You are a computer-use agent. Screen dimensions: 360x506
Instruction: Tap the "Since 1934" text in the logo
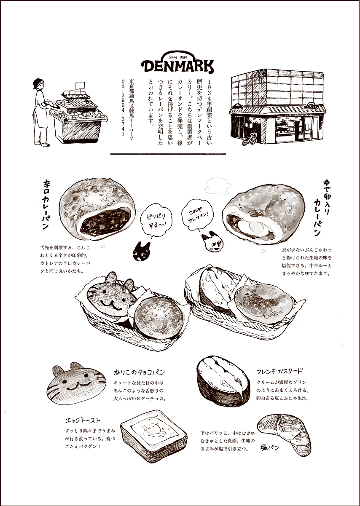pos(178,57)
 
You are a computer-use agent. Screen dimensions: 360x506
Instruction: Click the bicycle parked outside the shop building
pos(250,139)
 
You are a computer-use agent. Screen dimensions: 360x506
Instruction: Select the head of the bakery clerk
pos(38,84)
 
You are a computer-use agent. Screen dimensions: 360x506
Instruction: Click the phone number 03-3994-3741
pos(123,107)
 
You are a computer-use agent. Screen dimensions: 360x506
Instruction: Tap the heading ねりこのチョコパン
pos(140,372)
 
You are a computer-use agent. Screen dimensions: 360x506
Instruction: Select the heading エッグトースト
pos(83,420)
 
